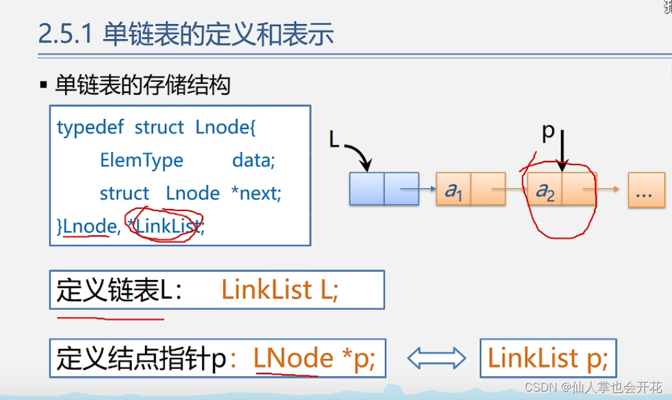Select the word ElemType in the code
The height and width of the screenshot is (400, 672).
(x=142, y=160)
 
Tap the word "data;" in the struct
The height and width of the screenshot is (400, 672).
(x=254, y=160)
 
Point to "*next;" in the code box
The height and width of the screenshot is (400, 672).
(x=256, y=194)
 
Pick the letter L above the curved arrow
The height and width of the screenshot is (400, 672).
(x=334, y=139)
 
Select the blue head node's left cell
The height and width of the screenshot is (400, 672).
(x=367, y=189)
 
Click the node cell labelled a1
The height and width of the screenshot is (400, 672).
(x=453, y=190)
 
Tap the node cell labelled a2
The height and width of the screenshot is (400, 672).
(x=544, y=190)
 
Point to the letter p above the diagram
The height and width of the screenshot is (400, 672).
(x=549, y=132)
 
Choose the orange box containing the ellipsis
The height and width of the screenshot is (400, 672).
(x=646, y=190)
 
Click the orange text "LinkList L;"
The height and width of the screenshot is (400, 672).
(x=280, y=290)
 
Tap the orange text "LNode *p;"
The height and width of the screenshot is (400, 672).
(x=314, y=358)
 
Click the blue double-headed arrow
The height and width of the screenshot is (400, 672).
(x=436, y=358)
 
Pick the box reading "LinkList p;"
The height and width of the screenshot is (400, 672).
(x=547, y=358)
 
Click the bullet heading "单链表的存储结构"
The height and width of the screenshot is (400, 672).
(x=142, y=85)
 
